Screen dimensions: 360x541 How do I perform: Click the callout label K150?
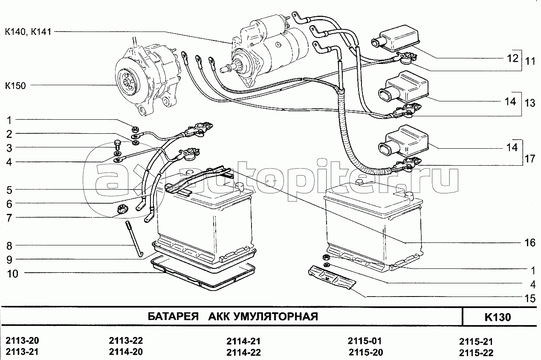pos(15,86)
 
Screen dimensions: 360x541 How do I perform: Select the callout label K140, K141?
pos(28,32)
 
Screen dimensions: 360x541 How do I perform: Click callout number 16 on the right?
pos(529,243)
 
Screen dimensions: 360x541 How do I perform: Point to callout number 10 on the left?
pos(12,274)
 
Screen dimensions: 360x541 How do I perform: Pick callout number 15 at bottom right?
pos(529,299)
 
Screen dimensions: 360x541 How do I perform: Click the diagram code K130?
pos(497,317)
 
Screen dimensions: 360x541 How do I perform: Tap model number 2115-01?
pos(365,341)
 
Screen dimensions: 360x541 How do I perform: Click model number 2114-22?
pos(243,353)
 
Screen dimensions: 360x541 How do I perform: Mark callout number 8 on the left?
pos(9,246)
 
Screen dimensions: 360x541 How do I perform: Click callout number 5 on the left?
pos(9,190)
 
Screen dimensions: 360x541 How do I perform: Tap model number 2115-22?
pos(476,353)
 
